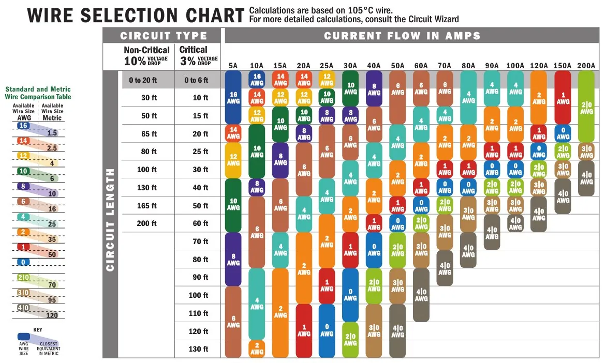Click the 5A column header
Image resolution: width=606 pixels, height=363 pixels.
(233, 66)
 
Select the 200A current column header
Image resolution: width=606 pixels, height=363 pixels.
(586, 66)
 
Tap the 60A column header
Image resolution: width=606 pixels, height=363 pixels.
(421, 66)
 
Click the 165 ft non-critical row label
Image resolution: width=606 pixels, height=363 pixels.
(146, 206)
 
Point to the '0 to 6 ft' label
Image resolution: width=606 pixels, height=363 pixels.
(197, 80)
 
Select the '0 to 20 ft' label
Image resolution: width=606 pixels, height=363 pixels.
(143, 80)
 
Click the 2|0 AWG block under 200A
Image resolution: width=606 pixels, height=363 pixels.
(586, 106)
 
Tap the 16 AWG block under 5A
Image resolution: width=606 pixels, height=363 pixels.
(233, 97)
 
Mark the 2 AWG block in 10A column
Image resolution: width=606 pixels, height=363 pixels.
(257, 349)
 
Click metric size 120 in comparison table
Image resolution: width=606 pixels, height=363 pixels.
(52, 315)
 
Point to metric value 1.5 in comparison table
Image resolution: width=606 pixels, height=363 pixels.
(51, 133)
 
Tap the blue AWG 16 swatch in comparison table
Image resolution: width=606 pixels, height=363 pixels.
(23, 126)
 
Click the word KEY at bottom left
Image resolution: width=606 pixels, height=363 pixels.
(38, 329)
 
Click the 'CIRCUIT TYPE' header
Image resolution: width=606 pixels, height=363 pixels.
(164, 36)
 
